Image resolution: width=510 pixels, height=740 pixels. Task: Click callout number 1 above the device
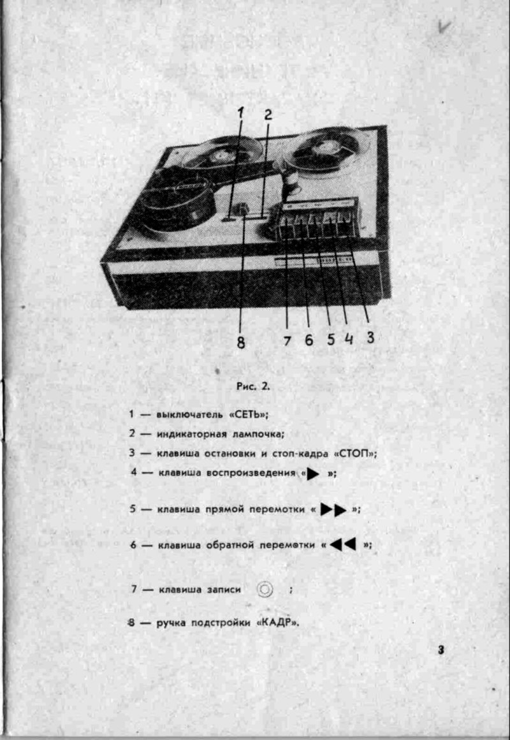241,113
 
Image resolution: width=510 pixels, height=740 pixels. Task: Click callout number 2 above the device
268,115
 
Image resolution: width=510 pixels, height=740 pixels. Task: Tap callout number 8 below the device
241,342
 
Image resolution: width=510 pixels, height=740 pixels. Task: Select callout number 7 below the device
287,340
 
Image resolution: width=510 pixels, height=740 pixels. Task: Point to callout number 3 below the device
370,337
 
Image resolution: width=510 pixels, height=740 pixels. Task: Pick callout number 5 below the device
331,339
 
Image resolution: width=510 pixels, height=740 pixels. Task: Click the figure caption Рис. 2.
253,386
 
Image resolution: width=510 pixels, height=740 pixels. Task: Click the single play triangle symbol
313,474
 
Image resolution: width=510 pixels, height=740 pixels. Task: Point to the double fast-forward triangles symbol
333,510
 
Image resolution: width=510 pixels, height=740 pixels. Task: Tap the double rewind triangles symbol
343,544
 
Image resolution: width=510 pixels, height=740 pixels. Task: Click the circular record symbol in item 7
265,590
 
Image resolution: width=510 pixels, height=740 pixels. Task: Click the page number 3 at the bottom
441,650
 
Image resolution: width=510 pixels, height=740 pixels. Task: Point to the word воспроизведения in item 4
251,472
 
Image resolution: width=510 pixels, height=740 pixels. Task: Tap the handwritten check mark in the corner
444,27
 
